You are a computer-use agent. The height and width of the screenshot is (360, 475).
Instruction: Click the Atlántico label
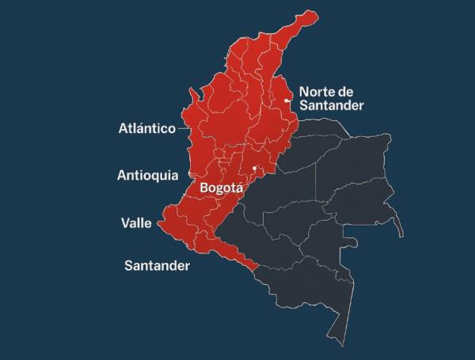coord(146,128)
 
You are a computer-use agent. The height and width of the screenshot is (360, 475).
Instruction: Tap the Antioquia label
coord(147,175)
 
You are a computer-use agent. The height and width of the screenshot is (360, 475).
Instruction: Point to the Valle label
coord(136,222)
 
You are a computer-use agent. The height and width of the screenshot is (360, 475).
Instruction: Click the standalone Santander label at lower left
coord(157,266)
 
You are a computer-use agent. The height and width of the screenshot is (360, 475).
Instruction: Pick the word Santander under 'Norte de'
coord(332,105)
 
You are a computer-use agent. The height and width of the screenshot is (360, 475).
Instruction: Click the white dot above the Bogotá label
coord(254,169)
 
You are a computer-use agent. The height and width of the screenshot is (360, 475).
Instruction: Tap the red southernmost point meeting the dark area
coord(254,269)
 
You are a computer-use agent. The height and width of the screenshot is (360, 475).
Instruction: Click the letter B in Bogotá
coord(205,189)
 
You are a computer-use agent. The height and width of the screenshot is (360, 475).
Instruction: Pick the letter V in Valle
coord(125,222)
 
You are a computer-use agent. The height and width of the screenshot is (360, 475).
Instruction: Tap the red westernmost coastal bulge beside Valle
coord(161,224)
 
